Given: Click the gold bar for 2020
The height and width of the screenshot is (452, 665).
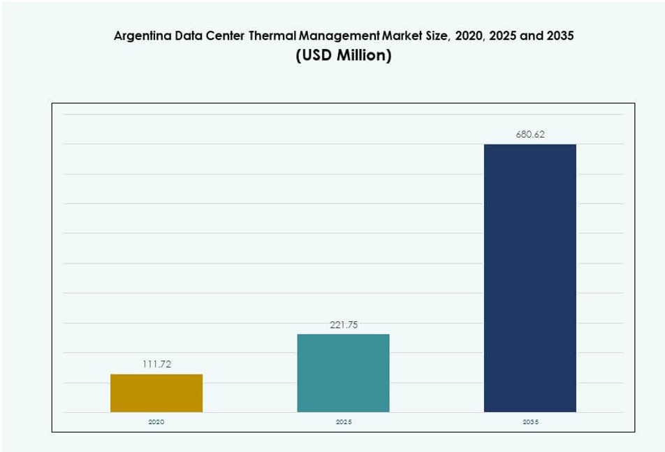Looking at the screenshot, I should point(156,393).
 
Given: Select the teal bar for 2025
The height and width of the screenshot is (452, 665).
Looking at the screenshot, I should point(343,372).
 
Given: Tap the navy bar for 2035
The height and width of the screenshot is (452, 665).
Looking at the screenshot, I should point(529,278).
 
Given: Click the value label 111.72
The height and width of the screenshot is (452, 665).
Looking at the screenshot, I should point(156,364).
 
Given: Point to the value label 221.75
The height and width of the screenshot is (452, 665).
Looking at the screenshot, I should point(343,324).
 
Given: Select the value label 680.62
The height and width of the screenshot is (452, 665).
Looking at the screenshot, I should point(529,134).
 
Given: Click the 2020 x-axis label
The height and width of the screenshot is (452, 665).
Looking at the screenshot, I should point(156,423).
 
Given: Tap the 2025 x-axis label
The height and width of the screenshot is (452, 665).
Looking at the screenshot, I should point(343,423).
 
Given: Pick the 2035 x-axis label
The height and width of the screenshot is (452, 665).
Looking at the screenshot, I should point(529,423).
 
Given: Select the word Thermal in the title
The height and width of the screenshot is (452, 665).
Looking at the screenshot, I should point(273,36).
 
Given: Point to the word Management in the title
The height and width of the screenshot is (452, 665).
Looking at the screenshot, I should point(335,36).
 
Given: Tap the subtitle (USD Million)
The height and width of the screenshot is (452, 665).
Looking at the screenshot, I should point(343,56).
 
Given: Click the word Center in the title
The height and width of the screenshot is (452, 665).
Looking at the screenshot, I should point(224,36).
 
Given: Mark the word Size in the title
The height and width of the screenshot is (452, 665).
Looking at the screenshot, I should point(434,36).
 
